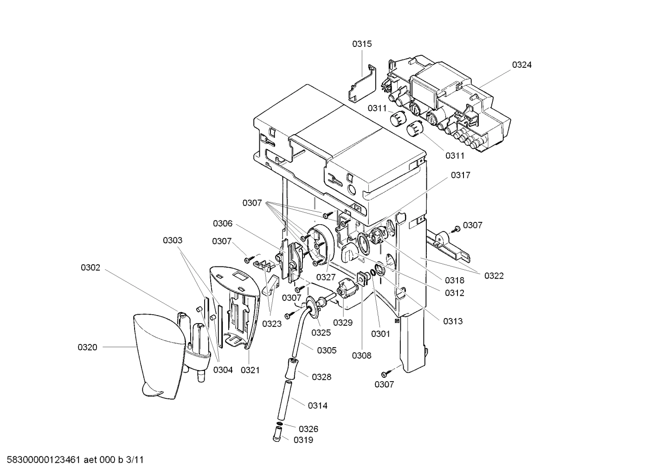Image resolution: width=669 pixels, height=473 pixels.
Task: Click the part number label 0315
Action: (361, 44)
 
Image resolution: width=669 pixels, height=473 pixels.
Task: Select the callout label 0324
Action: (521, 65)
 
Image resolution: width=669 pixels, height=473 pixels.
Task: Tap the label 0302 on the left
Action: (90, 268)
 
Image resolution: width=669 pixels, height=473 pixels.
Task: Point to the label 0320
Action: (87, 347)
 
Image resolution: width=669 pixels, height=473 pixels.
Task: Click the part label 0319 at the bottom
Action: (303, 440)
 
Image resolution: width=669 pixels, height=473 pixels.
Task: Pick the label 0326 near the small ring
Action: (309, 429)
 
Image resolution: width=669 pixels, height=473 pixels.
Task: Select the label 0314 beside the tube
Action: (317, 406)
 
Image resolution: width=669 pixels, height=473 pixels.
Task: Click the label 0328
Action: (322, 377)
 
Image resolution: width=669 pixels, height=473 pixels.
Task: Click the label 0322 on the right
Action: (494, 276)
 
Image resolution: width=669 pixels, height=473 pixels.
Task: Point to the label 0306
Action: (223, 224)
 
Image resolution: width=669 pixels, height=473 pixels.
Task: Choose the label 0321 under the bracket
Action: (250, 370)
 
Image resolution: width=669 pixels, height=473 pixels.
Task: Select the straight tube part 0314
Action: (282, 399)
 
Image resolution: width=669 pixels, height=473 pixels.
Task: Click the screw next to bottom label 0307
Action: (386, 373)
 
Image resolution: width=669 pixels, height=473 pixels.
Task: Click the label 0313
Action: (452, 321)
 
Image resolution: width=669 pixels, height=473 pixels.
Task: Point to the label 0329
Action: (342, 323)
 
